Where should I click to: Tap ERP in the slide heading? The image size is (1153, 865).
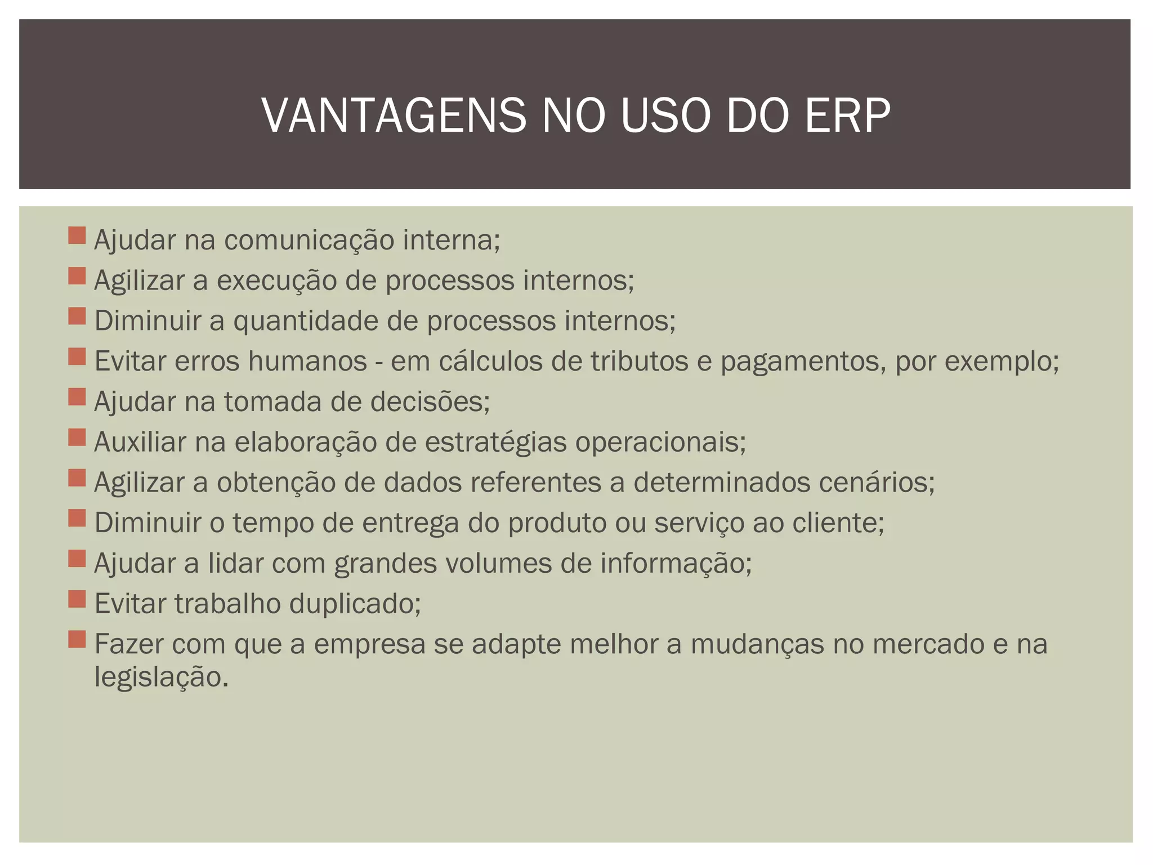click(847, 116)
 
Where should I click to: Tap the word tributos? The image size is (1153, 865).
click(639, 361)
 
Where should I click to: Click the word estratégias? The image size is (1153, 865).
click(495, 442)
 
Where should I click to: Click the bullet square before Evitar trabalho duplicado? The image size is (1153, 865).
click(77, 599)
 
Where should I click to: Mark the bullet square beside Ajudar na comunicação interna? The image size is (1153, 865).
click(77, 235)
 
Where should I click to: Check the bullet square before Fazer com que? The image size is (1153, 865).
click(77, 639)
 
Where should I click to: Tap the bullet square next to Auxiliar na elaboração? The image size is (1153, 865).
click(77, 438)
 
